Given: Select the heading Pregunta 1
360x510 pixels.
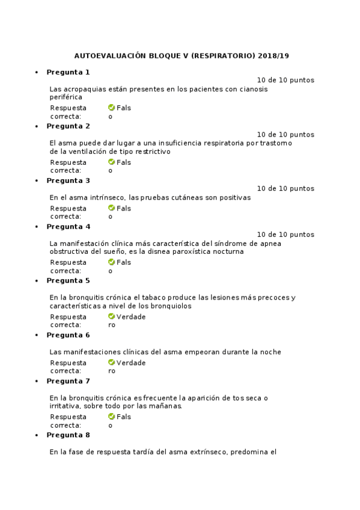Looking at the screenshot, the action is point(68,72).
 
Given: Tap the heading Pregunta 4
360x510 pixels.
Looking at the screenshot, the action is point(68,227).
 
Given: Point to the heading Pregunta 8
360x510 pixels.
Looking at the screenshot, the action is point(68,435).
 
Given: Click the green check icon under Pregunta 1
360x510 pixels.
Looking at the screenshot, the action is point(112,108).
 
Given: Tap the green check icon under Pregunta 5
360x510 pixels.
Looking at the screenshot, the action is point(112,317).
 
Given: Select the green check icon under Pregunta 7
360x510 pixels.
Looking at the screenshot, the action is point(112,417).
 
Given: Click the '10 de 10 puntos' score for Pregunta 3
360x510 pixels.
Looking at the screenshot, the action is point(285,188).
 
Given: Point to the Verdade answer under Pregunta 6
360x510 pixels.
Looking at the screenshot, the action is point(131,363).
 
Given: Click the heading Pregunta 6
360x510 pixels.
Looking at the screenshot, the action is point(68,335).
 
